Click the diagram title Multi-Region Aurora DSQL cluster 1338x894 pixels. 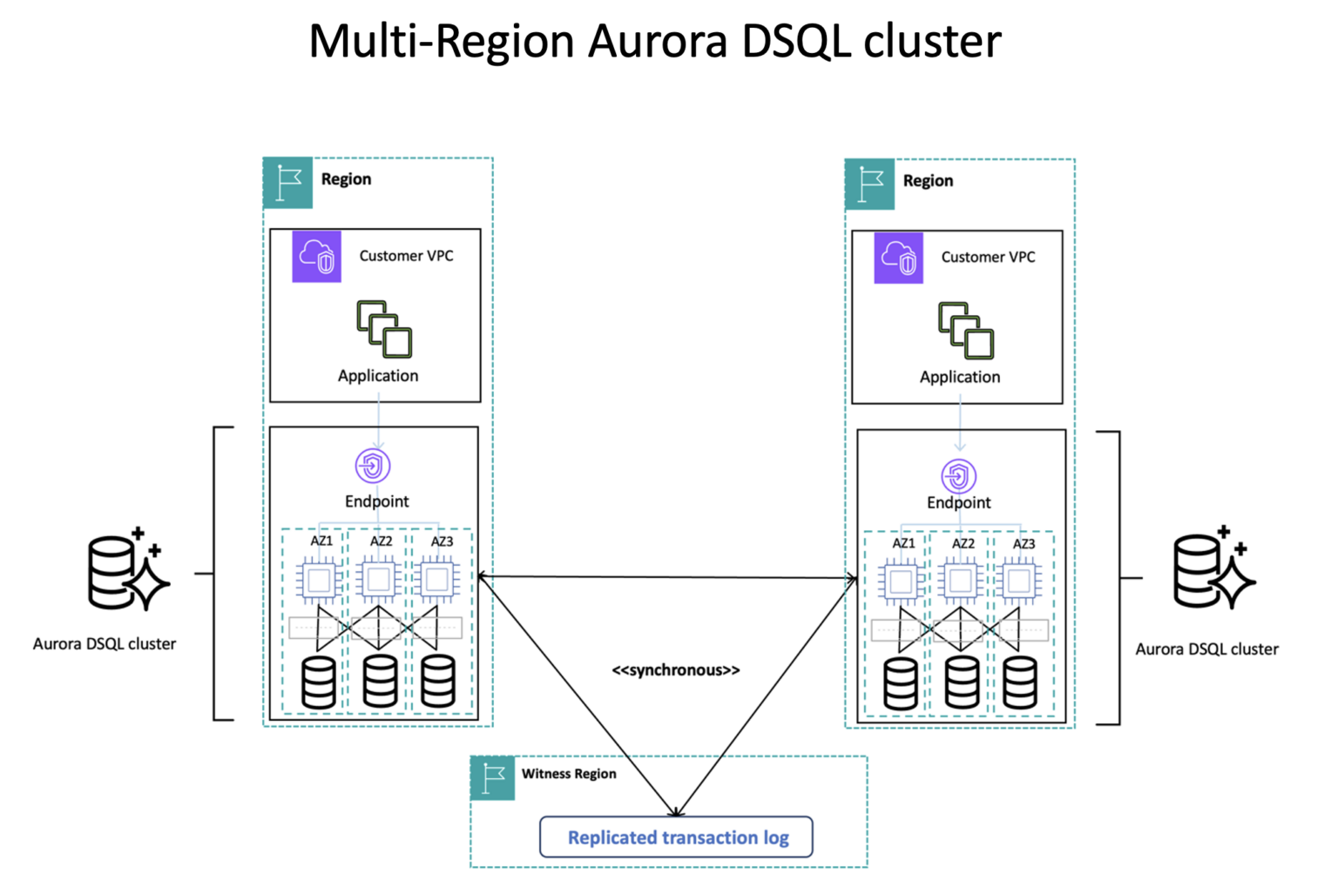coord(655,41)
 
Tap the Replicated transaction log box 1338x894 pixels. coord(676,837)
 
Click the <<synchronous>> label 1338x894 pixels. coord(675,670)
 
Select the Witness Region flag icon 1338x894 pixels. coord(493,777)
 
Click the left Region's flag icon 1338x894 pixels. coord(288,183)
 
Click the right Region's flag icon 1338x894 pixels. coord(870,185)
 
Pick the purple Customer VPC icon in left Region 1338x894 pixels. coord(316,257)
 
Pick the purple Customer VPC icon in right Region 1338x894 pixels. coord(898,259)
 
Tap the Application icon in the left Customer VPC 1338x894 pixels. coord(384,329)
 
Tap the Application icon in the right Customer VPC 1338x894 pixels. coord(966,331)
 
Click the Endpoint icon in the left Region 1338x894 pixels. coord(373,466)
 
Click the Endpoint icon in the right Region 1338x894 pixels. coord(958,476)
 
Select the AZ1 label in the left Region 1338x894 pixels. coord(321,541)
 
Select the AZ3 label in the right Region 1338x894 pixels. coord(1024,543)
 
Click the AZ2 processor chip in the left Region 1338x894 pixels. coord(378,580)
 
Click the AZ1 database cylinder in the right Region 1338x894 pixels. coord(901,683)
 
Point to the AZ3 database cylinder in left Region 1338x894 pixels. coord(437,681)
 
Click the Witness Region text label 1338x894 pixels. coord(569,774)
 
